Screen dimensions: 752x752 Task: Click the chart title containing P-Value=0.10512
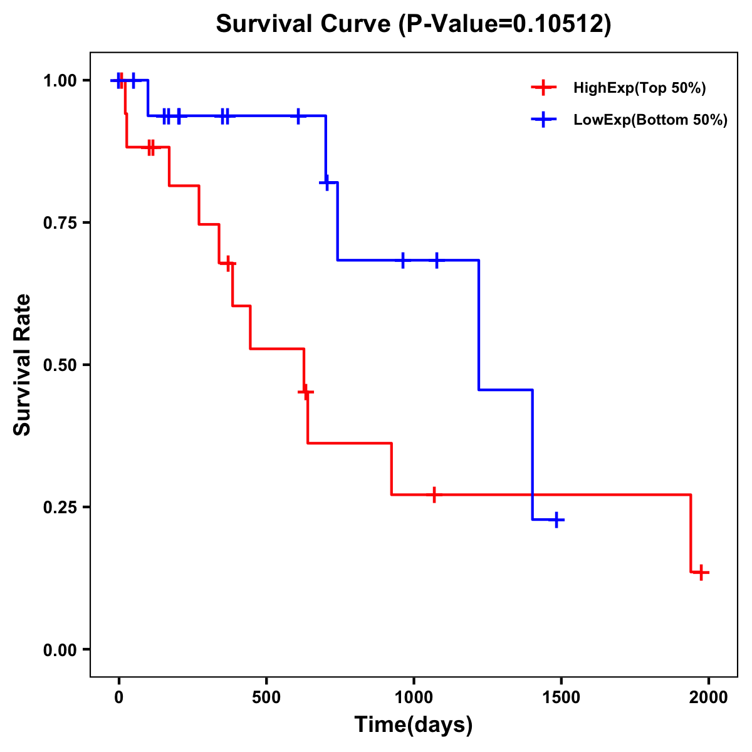pos(414,24)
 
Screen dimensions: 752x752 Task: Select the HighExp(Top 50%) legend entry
pos(639,88)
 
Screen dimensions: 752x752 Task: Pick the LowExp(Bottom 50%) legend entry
pos(650,120)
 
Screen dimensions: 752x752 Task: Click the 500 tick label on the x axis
pos(266,697)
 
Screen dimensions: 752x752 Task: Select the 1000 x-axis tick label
pos(414,697)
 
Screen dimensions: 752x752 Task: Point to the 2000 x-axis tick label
pos(709,697)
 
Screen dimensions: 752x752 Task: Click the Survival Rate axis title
pos(23,365)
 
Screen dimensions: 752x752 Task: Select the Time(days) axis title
pos(414,725)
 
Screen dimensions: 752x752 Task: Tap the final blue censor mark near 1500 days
pos(556,520)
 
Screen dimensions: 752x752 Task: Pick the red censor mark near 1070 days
pos(434,494)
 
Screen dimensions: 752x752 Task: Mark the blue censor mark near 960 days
pos(403,260)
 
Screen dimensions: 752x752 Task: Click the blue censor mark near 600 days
pos(298,116)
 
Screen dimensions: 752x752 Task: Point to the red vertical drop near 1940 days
pos(691,533)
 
